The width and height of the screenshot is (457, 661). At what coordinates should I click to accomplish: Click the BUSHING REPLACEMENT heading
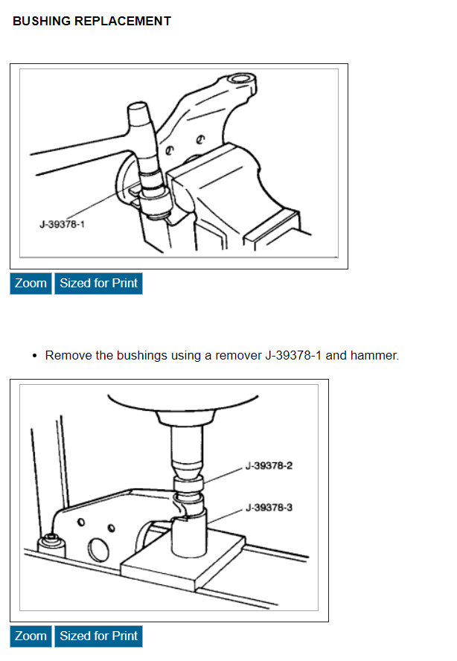tap(92, 22)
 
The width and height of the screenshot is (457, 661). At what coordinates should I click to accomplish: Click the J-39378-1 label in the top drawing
tap(62, 223)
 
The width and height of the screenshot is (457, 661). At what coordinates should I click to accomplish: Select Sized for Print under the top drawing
tap(98, 284)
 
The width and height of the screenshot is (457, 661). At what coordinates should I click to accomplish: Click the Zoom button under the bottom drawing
tap(31, 636)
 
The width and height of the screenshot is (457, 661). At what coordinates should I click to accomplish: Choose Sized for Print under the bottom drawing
tap(98, 636)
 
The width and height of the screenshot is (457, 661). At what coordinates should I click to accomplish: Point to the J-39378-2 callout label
tap(269, 466)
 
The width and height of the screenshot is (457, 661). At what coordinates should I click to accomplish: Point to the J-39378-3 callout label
tap(269, 508)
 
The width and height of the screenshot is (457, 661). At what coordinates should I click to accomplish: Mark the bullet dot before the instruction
tap(35, 356)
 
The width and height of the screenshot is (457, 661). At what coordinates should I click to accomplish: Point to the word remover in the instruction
tap(238, 356)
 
